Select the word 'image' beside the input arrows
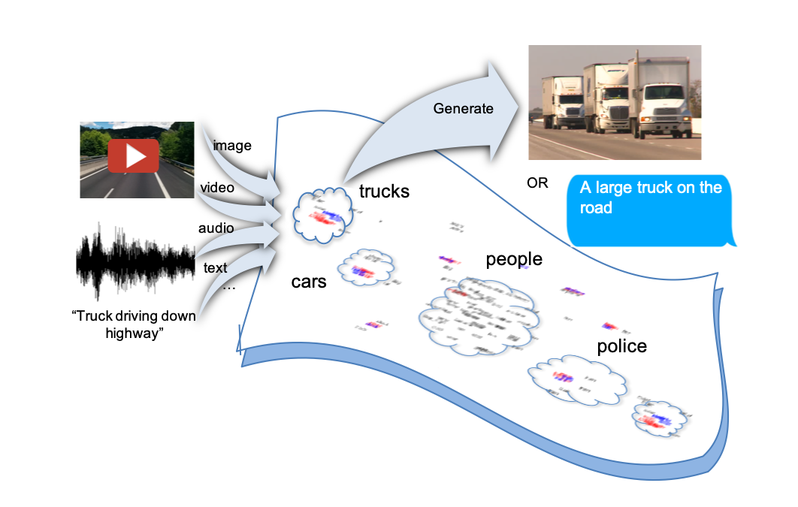(232, 146)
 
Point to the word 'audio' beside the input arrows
(216, 228)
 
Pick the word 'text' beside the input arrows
(216, 267)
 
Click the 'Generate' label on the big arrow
(463, 109)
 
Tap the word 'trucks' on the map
(384, 192)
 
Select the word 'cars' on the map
(309, 282)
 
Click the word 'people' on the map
(514, 260)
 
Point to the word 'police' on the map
(621, 346)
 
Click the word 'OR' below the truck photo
(537, 183)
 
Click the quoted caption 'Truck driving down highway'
(135, 324)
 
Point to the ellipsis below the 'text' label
(228, 287)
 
